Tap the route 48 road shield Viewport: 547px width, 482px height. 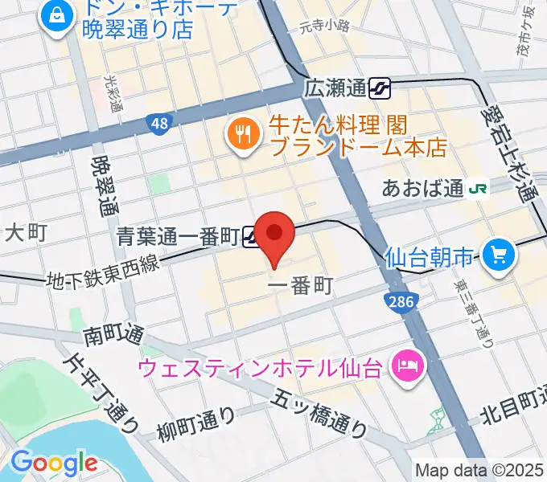[x=159, y=123]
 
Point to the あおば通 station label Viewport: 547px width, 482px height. [x=422, y=189]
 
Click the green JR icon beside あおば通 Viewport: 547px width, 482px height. [x=479, y=189]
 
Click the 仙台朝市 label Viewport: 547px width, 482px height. [x=429, y=258]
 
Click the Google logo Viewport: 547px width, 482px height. [x=54, y=463]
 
